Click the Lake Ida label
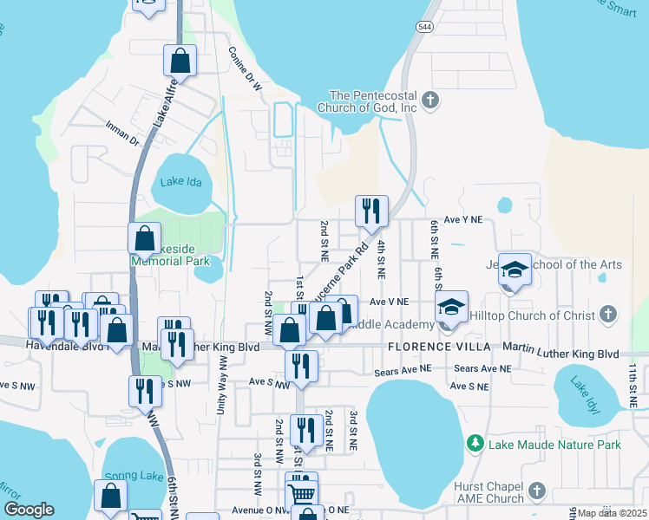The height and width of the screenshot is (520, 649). tap(180, 182)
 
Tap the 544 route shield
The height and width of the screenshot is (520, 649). tap(425, 26)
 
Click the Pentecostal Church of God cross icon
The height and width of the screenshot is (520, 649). tap(430, 101)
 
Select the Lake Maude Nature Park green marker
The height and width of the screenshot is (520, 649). tap(475, 445)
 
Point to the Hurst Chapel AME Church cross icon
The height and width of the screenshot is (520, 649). tap(538, 491)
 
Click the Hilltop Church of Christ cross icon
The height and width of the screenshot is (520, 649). tap(608, 313)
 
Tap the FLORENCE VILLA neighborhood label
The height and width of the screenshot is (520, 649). tap(432, 347)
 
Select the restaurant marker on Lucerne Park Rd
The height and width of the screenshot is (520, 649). tap(371, 211)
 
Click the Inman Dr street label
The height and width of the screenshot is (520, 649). tap(122, 133)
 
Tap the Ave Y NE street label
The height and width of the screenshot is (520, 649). tap(462, 221)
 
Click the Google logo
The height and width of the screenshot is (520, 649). tap(29, 509)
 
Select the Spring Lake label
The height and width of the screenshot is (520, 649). tap(128, 476)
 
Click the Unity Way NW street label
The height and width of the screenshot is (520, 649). tap(223, 385)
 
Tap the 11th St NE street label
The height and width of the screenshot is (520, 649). tap(633, 386)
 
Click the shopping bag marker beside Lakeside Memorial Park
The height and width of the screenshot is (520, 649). tap(144, 238)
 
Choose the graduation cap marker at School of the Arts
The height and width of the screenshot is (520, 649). tap(515, 270)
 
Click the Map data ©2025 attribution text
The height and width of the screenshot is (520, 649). tap(613, 513)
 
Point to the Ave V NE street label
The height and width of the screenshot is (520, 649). tap(389, 302)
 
